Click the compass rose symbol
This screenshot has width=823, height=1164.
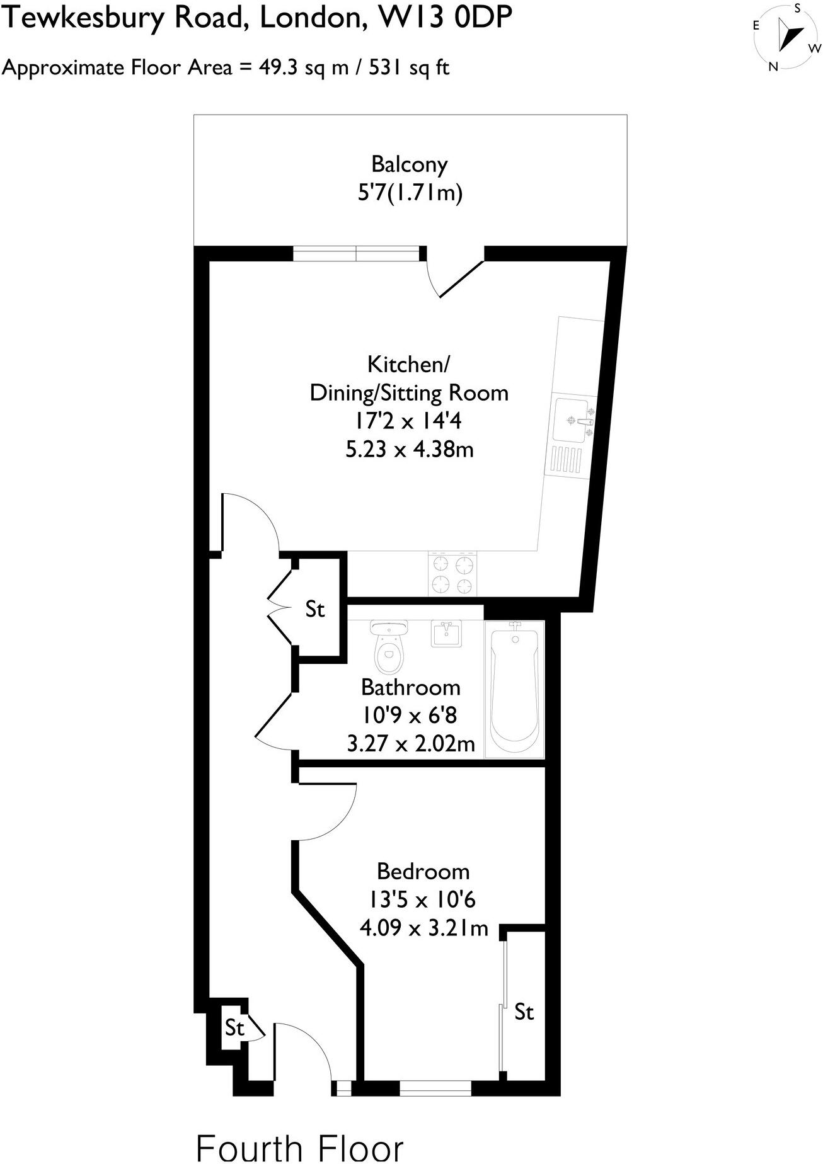pos(787,36)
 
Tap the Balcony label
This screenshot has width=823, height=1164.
pos(409,164)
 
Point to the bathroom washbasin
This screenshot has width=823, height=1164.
pos(447,633)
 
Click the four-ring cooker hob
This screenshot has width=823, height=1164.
pos(452,574)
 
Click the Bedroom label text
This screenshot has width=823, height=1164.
pos(423,872)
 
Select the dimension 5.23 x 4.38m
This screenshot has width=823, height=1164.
pos(410,450)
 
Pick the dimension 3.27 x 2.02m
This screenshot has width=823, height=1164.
pos(411,744)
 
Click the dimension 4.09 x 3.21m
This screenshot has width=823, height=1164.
pos(423,928)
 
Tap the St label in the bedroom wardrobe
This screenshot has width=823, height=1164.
pos(524,1012)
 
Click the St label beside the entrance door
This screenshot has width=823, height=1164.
pos(234,1028)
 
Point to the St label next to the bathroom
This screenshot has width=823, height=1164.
pos(315,609)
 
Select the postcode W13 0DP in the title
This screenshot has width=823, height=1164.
pos(444,18)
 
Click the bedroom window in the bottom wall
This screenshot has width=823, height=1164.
pos(435,1088)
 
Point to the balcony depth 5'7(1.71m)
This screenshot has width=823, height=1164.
pos(410,193)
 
